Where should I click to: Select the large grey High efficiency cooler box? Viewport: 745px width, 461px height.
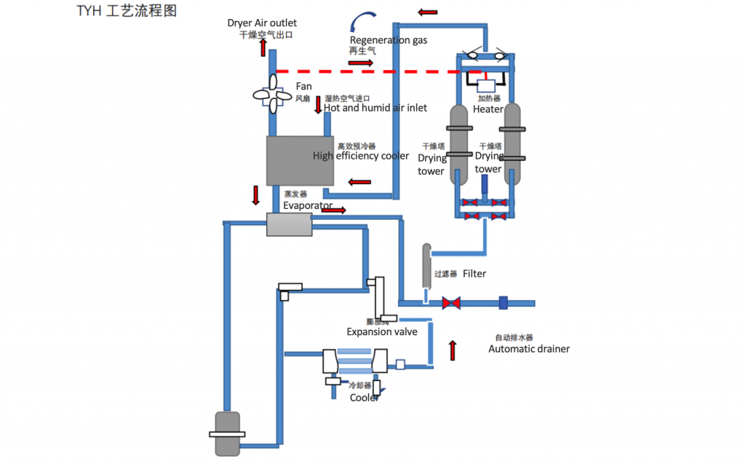click(300, 160)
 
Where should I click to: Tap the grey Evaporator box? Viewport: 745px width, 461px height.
click(289, 224)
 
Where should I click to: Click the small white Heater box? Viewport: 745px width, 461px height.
click(485, 86)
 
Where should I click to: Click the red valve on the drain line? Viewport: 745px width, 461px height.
click(451, 302)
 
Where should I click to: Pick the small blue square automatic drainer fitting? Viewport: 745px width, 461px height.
click(503, 302)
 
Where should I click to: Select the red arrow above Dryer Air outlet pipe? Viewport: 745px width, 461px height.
click(263, 47)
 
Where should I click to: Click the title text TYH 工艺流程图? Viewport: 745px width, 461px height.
click(126, 11)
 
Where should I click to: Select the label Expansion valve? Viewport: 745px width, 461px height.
click(382, 332)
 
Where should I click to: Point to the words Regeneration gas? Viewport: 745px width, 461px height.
click(389, 40)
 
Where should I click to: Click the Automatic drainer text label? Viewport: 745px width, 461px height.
click(529, 349)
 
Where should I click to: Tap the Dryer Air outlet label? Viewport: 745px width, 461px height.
click(262, 23)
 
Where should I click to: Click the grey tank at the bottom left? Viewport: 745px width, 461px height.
click(227, 434)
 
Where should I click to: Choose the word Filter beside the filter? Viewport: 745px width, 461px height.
click(474, 274)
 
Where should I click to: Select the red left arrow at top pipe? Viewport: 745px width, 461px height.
click(429, 12)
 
